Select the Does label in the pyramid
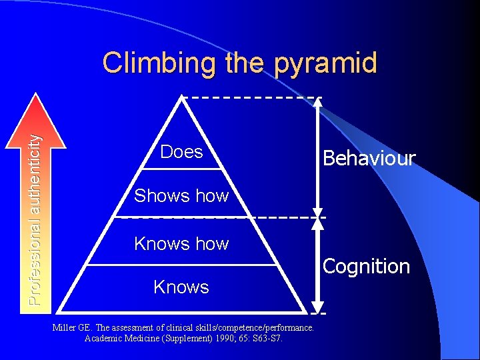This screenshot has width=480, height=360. click(181, 152)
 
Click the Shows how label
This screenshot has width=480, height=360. click(181, 195)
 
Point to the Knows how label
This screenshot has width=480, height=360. click(181, 244)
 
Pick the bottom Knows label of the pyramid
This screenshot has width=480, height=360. click(181, 287)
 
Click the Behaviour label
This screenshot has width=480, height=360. click(369, 159)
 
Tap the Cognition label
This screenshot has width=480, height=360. click(366, 267)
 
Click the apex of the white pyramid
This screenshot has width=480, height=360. click(181, 97)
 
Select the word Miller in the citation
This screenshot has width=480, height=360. click(64, 328)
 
